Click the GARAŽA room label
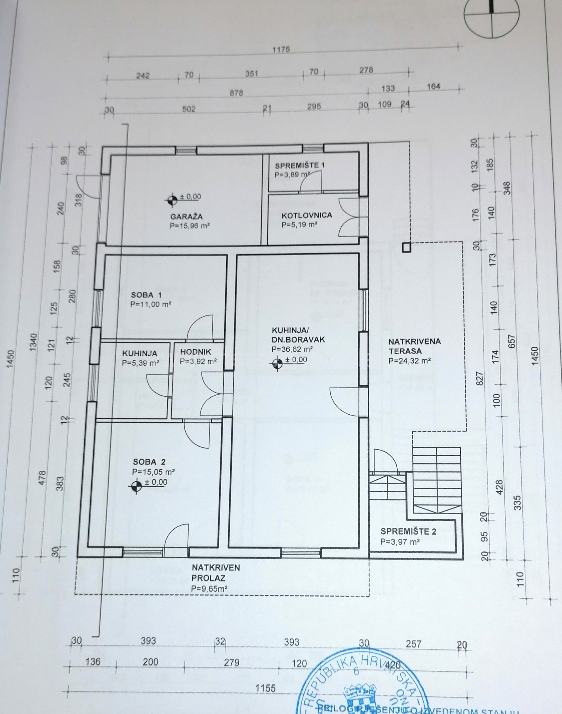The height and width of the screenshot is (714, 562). tap(186, 216)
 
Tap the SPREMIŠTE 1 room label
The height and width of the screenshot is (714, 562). tap(300, 165)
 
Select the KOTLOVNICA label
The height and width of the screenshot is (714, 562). tap(307, 215)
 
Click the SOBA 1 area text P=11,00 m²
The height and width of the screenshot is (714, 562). tap(151, 304)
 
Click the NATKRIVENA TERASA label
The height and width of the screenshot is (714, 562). tap(414, 346)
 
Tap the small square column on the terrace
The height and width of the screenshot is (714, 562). tap(406, 247)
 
